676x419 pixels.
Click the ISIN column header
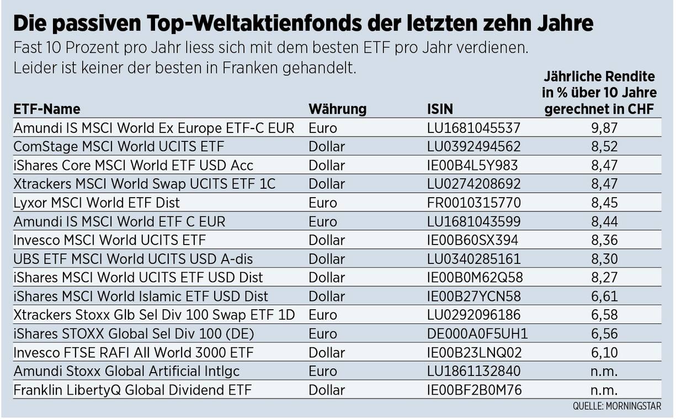click(x=440, y=109)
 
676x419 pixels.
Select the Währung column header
click(x=337, y=109)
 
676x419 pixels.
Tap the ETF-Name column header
click(x=47, y=109)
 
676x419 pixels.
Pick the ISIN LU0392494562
click(x=473, y=147)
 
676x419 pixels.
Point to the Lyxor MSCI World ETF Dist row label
click(x=97, y=203)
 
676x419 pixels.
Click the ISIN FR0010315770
click(x=473, y=203)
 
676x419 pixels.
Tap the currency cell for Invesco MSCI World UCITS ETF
click(x=327, y=240)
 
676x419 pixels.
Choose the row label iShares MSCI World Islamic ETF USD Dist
click(x=141, y=296)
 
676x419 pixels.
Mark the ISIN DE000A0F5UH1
click(x=477, y=333)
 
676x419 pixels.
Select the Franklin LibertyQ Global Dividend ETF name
click(x=132, y=390)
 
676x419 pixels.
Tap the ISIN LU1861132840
click(x=473, y=371)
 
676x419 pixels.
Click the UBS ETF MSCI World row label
click(x=134, y=259)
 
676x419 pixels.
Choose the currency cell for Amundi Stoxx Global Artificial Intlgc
click(x=323, y=371)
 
